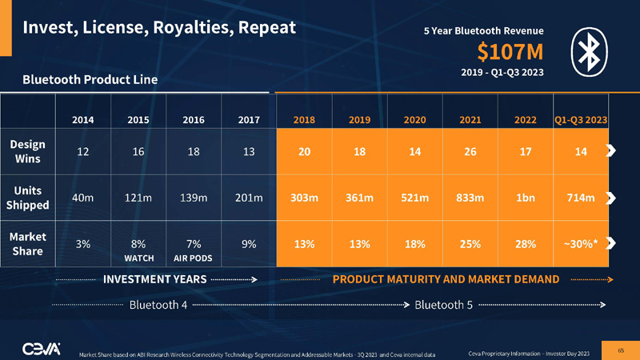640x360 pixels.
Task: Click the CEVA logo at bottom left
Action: click(40, 347)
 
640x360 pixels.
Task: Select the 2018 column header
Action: click(303, 119)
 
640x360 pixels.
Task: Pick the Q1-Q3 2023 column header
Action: click(581, 119)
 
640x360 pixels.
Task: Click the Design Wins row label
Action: click(27, 151)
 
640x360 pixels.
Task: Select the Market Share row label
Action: click(27, 244)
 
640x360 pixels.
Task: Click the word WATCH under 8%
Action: click(138, 259)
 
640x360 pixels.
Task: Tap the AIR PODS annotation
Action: click(193, 259)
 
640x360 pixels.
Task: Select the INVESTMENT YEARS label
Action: click(155, 279)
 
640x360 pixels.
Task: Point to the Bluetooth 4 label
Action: click(158, 305)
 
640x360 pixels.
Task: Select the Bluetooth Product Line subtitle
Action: click(90, 80)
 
